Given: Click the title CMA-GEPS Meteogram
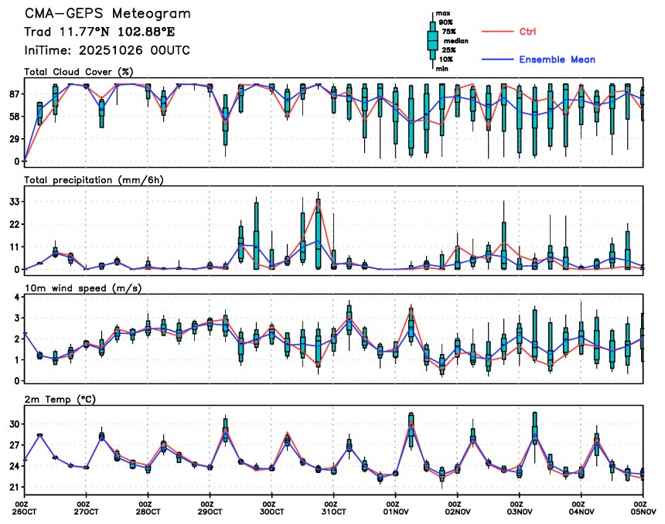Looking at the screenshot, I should [x=107, y=14].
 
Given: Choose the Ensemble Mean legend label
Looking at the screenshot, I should [x=557, y=60].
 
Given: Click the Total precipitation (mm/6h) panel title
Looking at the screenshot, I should [x=94, y=179].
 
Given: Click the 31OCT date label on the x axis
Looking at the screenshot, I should [x=333, y=511].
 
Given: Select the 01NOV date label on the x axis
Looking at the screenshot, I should [x=395, y=511].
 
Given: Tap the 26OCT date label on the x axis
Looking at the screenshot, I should [x=25, y=511].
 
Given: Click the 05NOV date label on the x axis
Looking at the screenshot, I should [x=643, y=511].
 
